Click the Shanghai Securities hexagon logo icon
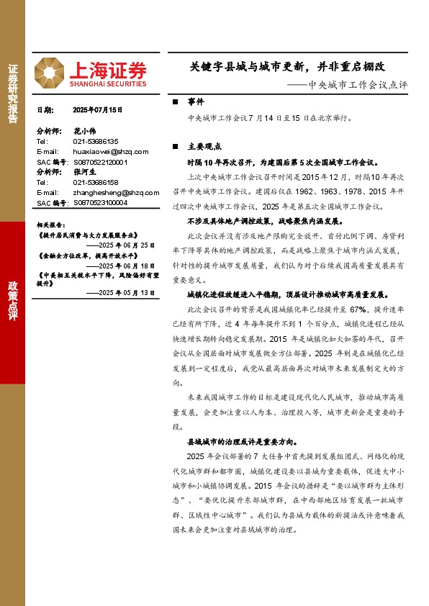50,71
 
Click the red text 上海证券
107,68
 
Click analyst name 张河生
84,173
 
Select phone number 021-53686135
96,142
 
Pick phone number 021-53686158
96,183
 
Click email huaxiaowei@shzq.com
111,152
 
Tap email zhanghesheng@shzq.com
115,193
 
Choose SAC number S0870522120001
100,163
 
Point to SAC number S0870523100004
100,203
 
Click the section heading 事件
196,101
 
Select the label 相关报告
51,225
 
